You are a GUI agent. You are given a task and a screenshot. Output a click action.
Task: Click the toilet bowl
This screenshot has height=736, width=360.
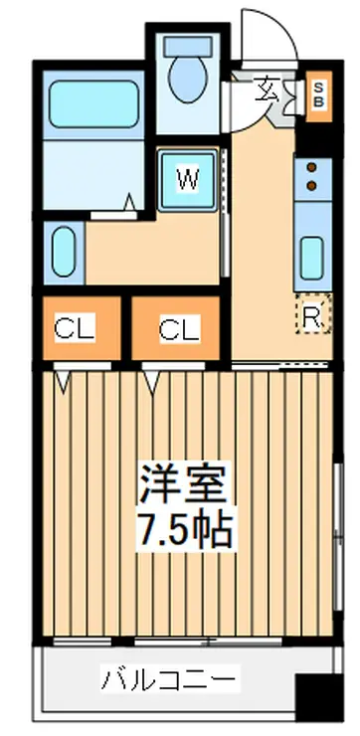pos(187,79)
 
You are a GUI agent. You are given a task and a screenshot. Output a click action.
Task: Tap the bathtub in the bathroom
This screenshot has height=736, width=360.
pos(93,103)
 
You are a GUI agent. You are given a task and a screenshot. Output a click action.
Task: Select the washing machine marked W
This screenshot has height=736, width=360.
pos(188,181)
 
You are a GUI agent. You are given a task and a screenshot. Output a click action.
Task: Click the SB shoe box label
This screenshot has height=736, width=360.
pos(318,95)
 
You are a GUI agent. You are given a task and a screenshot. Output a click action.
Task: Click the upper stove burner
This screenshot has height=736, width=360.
pos(311,167)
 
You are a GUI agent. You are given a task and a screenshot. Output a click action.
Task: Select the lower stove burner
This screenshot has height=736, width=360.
pos(311,185)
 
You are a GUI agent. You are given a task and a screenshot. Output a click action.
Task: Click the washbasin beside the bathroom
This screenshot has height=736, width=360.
pos(64,252)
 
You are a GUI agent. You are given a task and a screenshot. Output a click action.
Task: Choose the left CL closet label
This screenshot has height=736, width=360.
pos(75,328)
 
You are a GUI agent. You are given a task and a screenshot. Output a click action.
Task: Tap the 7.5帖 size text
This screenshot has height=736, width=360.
pos(184,529)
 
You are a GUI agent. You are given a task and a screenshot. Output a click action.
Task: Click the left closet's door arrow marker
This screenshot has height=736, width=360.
pos(63,381)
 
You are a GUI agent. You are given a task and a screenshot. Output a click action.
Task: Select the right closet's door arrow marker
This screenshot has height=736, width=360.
pos(151,381)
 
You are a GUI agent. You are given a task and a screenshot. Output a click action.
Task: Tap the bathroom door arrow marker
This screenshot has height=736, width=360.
pos(130,202)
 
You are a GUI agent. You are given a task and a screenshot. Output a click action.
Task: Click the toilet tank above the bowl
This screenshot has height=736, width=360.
pos(188,47)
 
